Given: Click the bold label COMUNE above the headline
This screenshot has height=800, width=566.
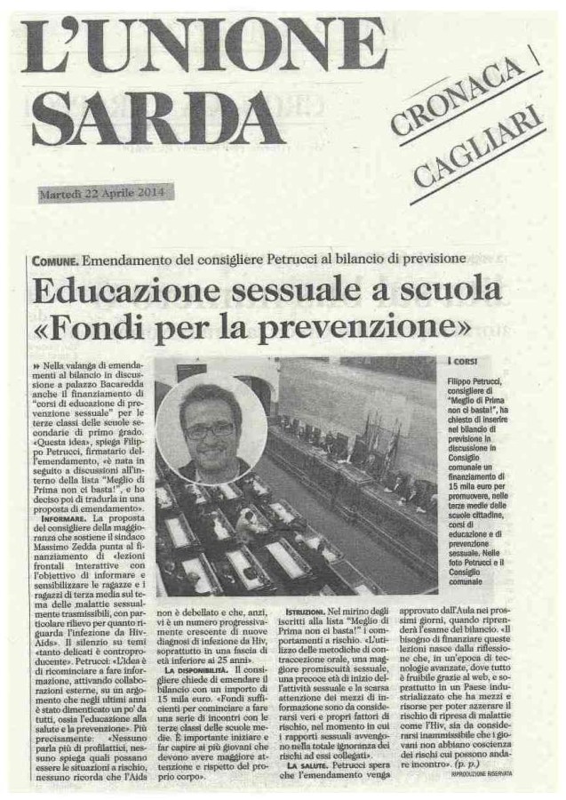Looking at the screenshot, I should (x=54, y=259).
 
